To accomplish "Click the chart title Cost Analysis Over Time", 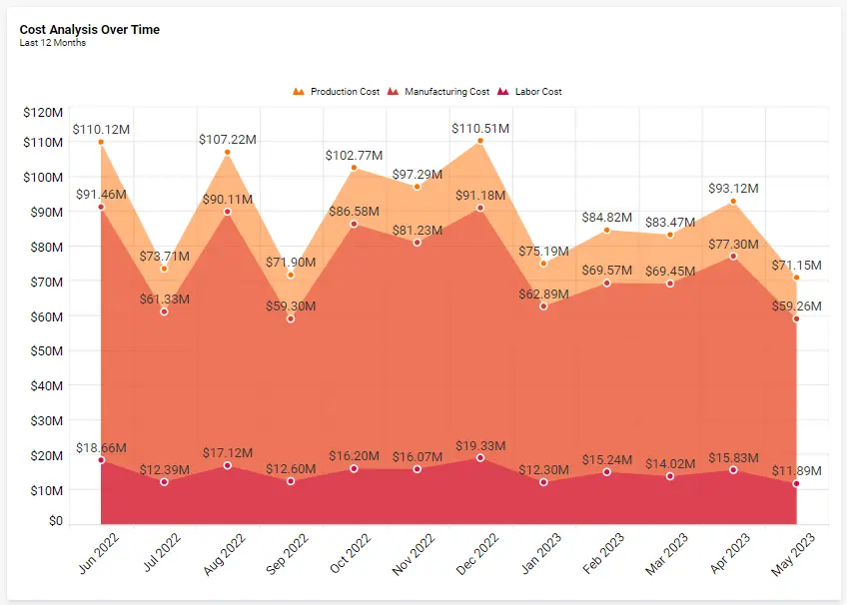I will [x=90, y=30].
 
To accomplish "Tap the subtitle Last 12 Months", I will [x=53, y=43].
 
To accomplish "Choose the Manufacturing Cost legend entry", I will [x=445, y=92].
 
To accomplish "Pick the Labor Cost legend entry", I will [x=536, y=92].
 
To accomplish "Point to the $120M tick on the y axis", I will [x=43, y=113].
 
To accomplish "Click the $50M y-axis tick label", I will [x=43, y=351].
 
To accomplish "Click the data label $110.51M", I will [x=480, y=129].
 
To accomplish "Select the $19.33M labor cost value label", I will [x=480, y=445].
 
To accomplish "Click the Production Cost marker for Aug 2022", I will [x=228, y=152].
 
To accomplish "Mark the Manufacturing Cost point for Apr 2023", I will [x=733, y=257].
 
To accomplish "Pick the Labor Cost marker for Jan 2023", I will [x=543, y=482].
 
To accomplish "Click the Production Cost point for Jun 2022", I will [x=101, y=142].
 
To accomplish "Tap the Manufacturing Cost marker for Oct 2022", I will [x=354, y=224].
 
